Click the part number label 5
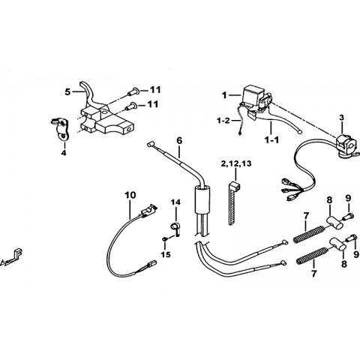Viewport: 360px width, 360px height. pos(67,92)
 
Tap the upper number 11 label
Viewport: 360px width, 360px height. pos(155,90)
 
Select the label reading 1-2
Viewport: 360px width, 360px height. pos(223,121)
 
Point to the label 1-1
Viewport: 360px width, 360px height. pos(271,140)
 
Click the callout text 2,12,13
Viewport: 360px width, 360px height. pos(236,163)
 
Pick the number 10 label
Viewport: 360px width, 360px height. pos(130,195)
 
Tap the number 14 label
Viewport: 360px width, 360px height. pos(175,202)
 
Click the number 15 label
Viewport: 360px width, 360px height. pos(166,255)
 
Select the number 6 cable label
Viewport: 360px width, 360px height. pos(179,141)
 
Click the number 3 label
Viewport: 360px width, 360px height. pos(342,117)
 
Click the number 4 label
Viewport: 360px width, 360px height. pos(64,153)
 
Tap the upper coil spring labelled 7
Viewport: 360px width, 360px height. pos(309,234)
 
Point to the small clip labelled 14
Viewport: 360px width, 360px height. pos(175,228)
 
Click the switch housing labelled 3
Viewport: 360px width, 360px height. pos(346,145)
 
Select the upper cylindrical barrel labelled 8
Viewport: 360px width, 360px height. pos(334,223)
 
